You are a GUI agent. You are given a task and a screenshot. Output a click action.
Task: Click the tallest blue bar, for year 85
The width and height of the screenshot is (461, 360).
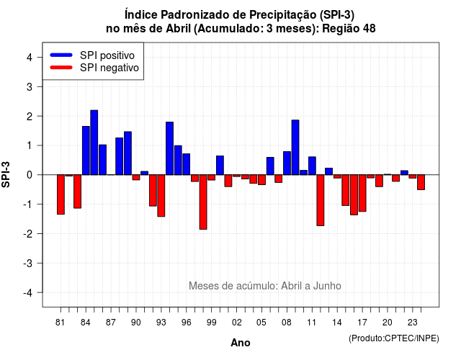(94, 143)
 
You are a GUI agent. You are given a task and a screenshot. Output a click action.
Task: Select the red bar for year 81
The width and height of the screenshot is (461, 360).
(61, 194)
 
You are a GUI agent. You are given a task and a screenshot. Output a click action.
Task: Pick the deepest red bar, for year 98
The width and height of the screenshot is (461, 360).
(203, 202)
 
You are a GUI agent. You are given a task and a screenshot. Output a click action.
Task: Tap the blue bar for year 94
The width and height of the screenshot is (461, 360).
(170, 148)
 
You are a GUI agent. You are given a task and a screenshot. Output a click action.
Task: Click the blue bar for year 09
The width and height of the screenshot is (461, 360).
(295, 147)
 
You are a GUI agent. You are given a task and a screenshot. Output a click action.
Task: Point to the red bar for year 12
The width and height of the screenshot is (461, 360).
(321, 200)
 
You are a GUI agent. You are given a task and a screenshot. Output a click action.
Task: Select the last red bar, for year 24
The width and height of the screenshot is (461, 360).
(421, 182)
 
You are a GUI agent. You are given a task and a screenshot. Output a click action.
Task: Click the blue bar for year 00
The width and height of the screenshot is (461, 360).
(220, 165)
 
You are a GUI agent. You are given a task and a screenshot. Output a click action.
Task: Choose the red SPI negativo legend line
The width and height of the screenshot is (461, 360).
(61, 68)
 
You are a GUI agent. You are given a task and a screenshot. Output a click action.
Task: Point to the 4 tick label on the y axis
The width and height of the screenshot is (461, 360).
(30, 58)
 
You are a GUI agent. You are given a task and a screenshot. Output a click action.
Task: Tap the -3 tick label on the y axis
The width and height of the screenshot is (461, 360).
(28, 263)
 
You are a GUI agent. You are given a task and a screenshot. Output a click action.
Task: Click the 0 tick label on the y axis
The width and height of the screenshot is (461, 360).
(30, 175)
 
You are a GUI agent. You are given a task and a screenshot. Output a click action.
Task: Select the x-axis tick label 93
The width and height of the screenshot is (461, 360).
(161, 323)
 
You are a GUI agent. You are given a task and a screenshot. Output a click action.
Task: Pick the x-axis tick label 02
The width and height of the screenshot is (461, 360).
(237, 323)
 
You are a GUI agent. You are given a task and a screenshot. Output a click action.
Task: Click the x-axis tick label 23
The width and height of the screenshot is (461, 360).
(413, 323)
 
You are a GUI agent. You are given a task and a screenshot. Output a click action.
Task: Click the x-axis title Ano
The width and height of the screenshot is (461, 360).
(241, 343)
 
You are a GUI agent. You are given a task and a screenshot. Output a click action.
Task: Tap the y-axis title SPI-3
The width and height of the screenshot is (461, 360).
(6, 174)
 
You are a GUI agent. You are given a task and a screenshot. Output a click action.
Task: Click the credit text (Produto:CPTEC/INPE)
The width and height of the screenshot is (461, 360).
(394, 338)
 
